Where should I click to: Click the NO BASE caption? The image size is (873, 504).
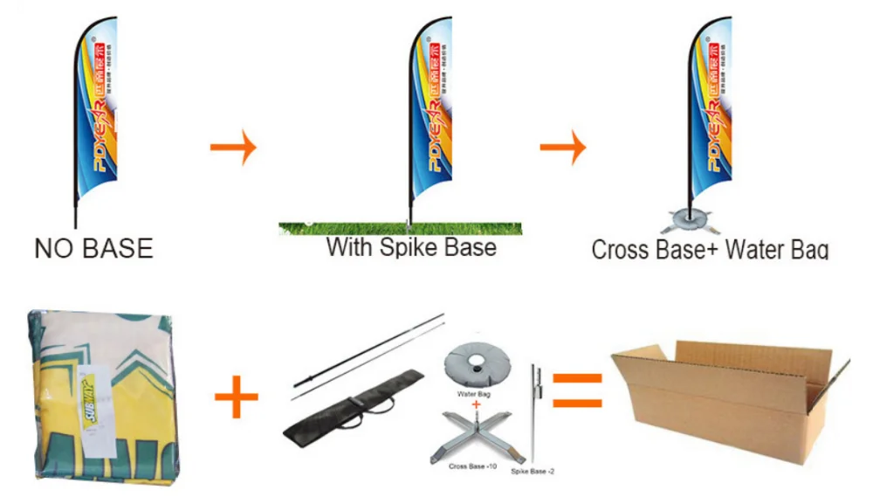click(x=93, y=248)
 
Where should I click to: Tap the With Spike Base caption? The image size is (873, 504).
click(x=411, y=246)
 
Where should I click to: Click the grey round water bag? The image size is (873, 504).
click(x=477, y=366)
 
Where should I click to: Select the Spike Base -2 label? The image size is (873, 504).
click(x=533, y=472)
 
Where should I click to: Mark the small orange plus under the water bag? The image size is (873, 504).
click(x=477, y=405)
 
